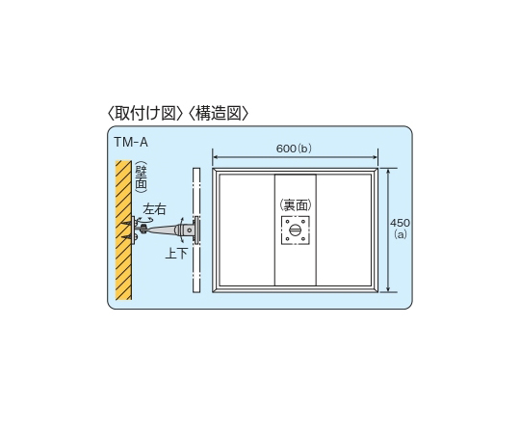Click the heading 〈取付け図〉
point(145,114)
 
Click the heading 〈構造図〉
point(219,114)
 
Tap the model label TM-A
point(131,142)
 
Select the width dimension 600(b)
point(294,149)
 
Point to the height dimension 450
point(400,223)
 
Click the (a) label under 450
point(401,234)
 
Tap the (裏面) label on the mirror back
point(296,205)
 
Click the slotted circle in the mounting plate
point(296,231)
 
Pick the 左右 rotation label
point(154,209)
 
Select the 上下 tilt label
point(176,254)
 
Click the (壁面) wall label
point(142,177)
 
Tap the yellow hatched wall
point(123,231)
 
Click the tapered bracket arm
point(162,230)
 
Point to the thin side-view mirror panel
point(196,231)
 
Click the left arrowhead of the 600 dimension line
point(215,157)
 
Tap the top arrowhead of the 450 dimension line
point(388,171)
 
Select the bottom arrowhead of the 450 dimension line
point(388,290)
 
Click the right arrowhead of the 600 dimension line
point(376,157)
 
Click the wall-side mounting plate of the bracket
point(133,231)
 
